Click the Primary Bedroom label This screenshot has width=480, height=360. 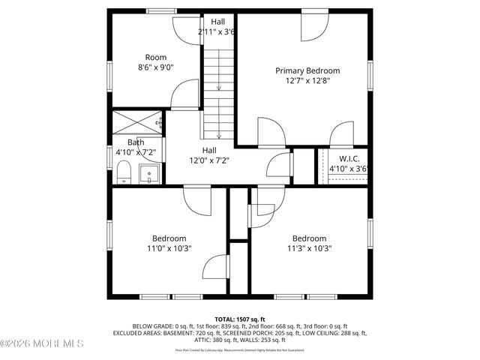point(312,70)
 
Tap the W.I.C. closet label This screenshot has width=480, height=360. point(349,158)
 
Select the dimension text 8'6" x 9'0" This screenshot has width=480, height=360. point(156,67)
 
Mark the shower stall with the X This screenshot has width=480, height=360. point(136,121)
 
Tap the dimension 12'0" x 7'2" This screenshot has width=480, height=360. point(208,160)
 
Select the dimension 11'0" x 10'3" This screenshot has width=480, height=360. point(169,248)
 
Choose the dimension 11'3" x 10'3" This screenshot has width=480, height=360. point(309,248)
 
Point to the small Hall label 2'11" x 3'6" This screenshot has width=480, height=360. point(217,32)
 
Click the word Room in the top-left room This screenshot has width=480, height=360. point(156,57)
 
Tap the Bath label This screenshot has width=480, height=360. point(136,142)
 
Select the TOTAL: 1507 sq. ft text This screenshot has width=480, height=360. point(241,319)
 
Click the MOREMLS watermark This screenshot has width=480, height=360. point(42,343)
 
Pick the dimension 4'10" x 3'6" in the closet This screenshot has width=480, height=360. point(349,169)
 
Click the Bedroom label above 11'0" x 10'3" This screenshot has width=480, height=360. point(169,238)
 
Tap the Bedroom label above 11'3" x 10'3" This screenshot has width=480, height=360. point(309,238)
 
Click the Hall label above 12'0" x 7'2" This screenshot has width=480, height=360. point(208,150)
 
